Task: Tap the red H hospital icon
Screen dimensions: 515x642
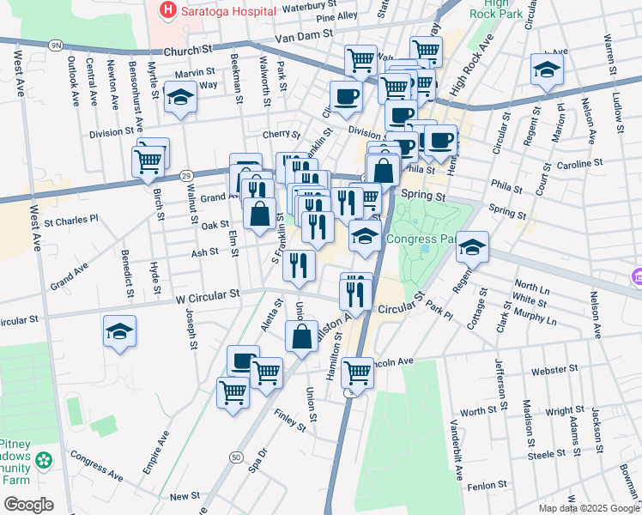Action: [167, 11]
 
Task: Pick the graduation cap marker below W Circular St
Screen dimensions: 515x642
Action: [119, 331]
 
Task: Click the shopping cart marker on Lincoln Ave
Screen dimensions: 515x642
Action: [357, 373]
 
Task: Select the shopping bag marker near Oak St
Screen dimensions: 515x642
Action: [259, 214]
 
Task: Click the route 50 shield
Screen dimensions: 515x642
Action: [235, 457]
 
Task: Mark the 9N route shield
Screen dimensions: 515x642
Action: [56, 44]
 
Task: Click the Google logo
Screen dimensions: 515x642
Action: [27, 504]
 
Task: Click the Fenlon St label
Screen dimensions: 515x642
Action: [488, 486]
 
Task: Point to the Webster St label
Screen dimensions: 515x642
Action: [555, 370]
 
